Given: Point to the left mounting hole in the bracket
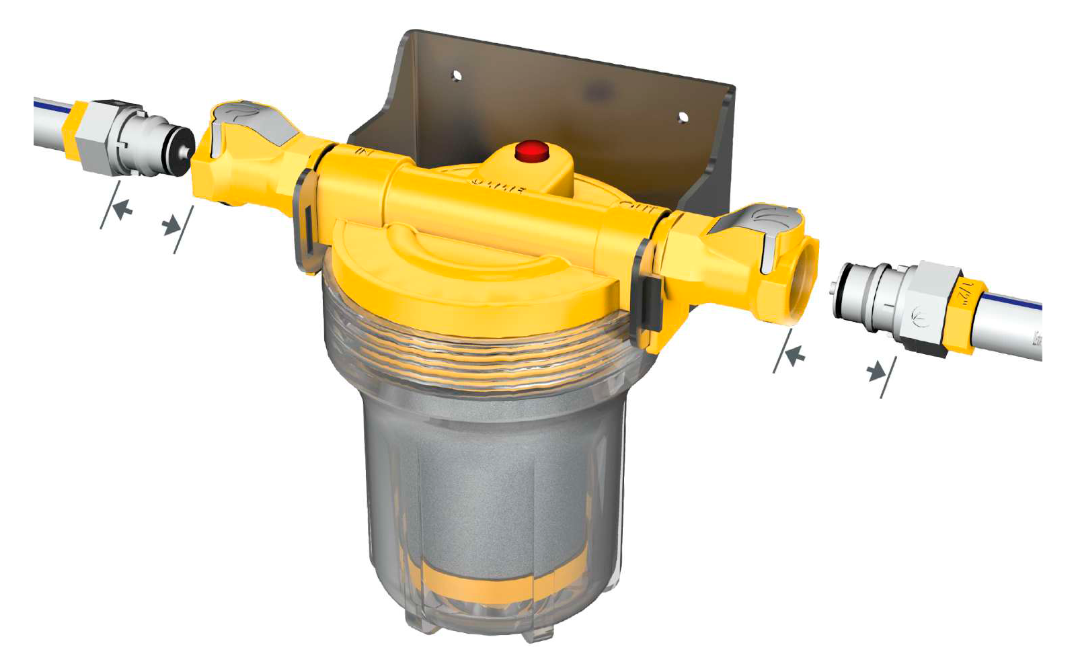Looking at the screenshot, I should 457,75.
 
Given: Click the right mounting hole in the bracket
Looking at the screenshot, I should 683,117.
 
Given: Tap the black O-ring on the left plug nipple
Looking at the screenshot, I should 184,149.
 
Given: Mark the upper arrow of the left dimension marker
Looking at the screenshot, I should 122,210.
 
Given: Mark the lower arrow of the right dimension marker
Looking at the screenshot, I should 876,370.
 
